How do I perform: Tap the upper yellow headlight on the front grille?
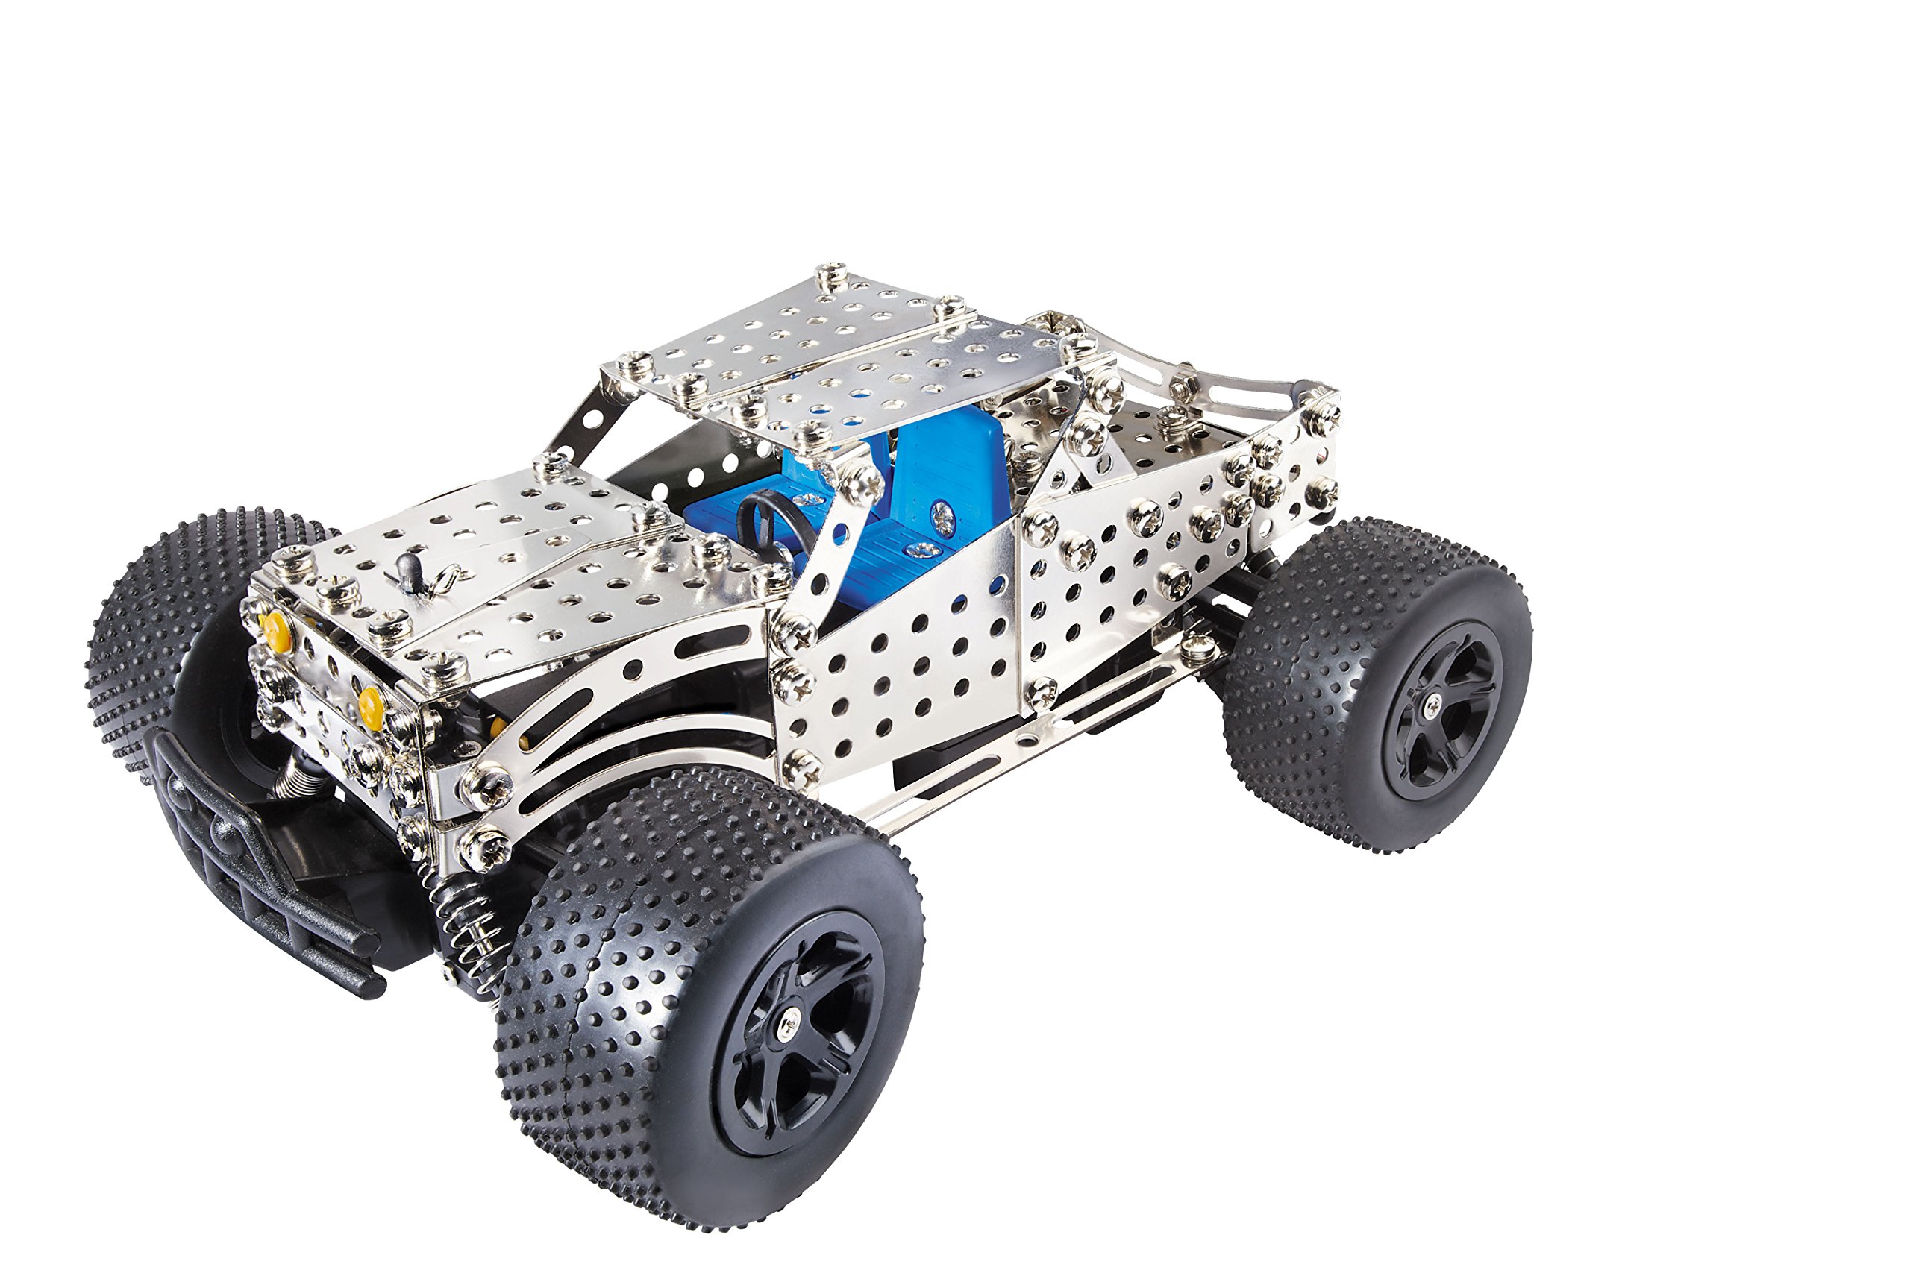pyautogui.click(x=276, y=625)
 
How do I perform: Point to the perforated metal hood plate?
pyautogui.click(x=504, y=568)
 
